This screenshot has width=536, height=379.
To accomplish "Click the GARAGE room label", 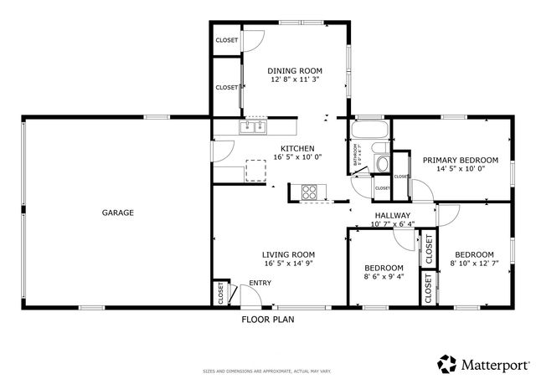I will [x=118, y=213].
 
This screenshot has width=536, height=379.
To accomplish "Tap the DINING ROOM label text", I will [x=295, y=70].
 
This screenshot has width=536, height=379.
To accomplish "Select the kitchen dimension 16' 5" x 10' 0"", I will [x=297, y=157].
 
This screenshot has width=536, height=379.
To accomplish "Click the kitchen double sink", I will [x=253, y=127].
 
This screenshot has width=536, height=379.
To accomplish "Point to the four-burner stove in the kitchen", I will [x=310, y=192].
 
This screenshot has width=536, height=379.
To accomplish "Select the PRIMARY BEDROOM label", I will [x=460, y=160].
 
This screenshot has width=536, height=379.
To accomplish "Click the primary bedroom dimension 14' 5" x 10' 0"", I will [x=460, y=169].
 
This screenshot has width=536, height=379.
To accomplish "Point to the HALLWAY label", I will [x=392, y=215].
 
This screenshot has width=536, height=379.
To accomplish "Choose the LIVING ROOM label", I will [x=288, y=254].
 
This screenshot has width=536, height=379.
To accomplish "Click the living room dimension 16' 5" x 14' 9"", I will [x=288, y=264].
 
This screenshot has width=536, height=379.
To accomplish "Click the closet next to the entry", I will [x=221, y=293].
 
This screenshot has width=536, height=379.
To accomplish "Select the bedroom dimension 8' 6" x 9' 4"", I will [x=384, y=276].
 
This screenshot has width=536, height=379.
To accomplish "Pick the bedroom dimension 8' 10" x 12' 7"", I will [x=474, y=264].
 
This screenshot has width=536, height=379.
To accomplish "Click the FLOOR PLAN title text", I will [x=268, y=319].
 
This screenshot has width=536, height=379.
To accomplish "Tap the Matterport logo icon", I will [x=446, y=364].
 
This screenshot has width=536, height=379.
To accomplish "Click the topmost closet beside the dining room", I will [x=226, y=40].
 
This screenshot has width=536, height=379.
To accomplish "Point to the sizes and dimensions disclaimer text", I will [x=267, y=371].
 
